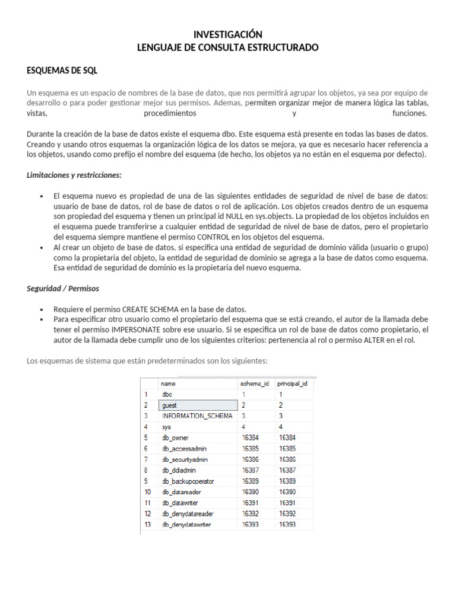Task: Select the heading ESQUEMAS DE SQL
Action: coord(62,71)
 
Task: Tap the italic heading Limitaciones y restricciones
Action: coord(74,175)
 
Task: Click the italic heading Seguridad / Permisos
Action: coord(63,289)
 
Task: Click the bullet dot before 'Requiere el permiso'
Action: coord(41,309)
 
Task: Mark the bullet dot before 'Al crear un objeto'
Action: coord(41,247)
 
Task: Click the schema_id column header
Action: coord(256,384)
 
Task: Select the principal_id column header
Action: coord(293,384)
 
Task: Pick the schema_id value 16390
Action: coord(251,492)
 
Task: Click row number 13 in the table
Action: coord(147,525)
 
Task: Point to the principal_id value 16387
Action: coord(288,470)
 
